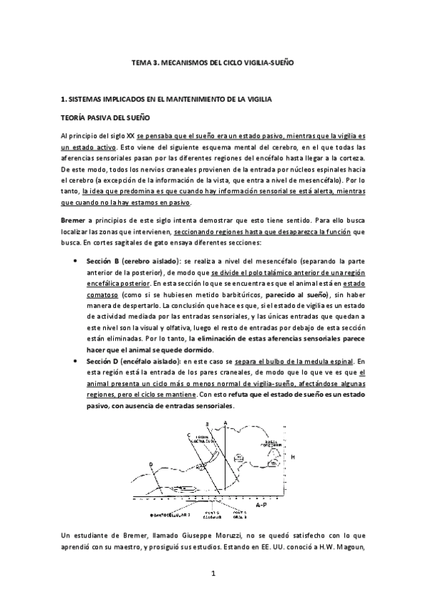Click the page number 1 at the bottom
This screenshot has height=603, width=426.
213,572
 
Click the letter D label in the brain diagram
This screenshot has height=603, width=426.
151,464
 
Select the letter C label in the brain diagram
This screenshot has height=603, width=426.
188,434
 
